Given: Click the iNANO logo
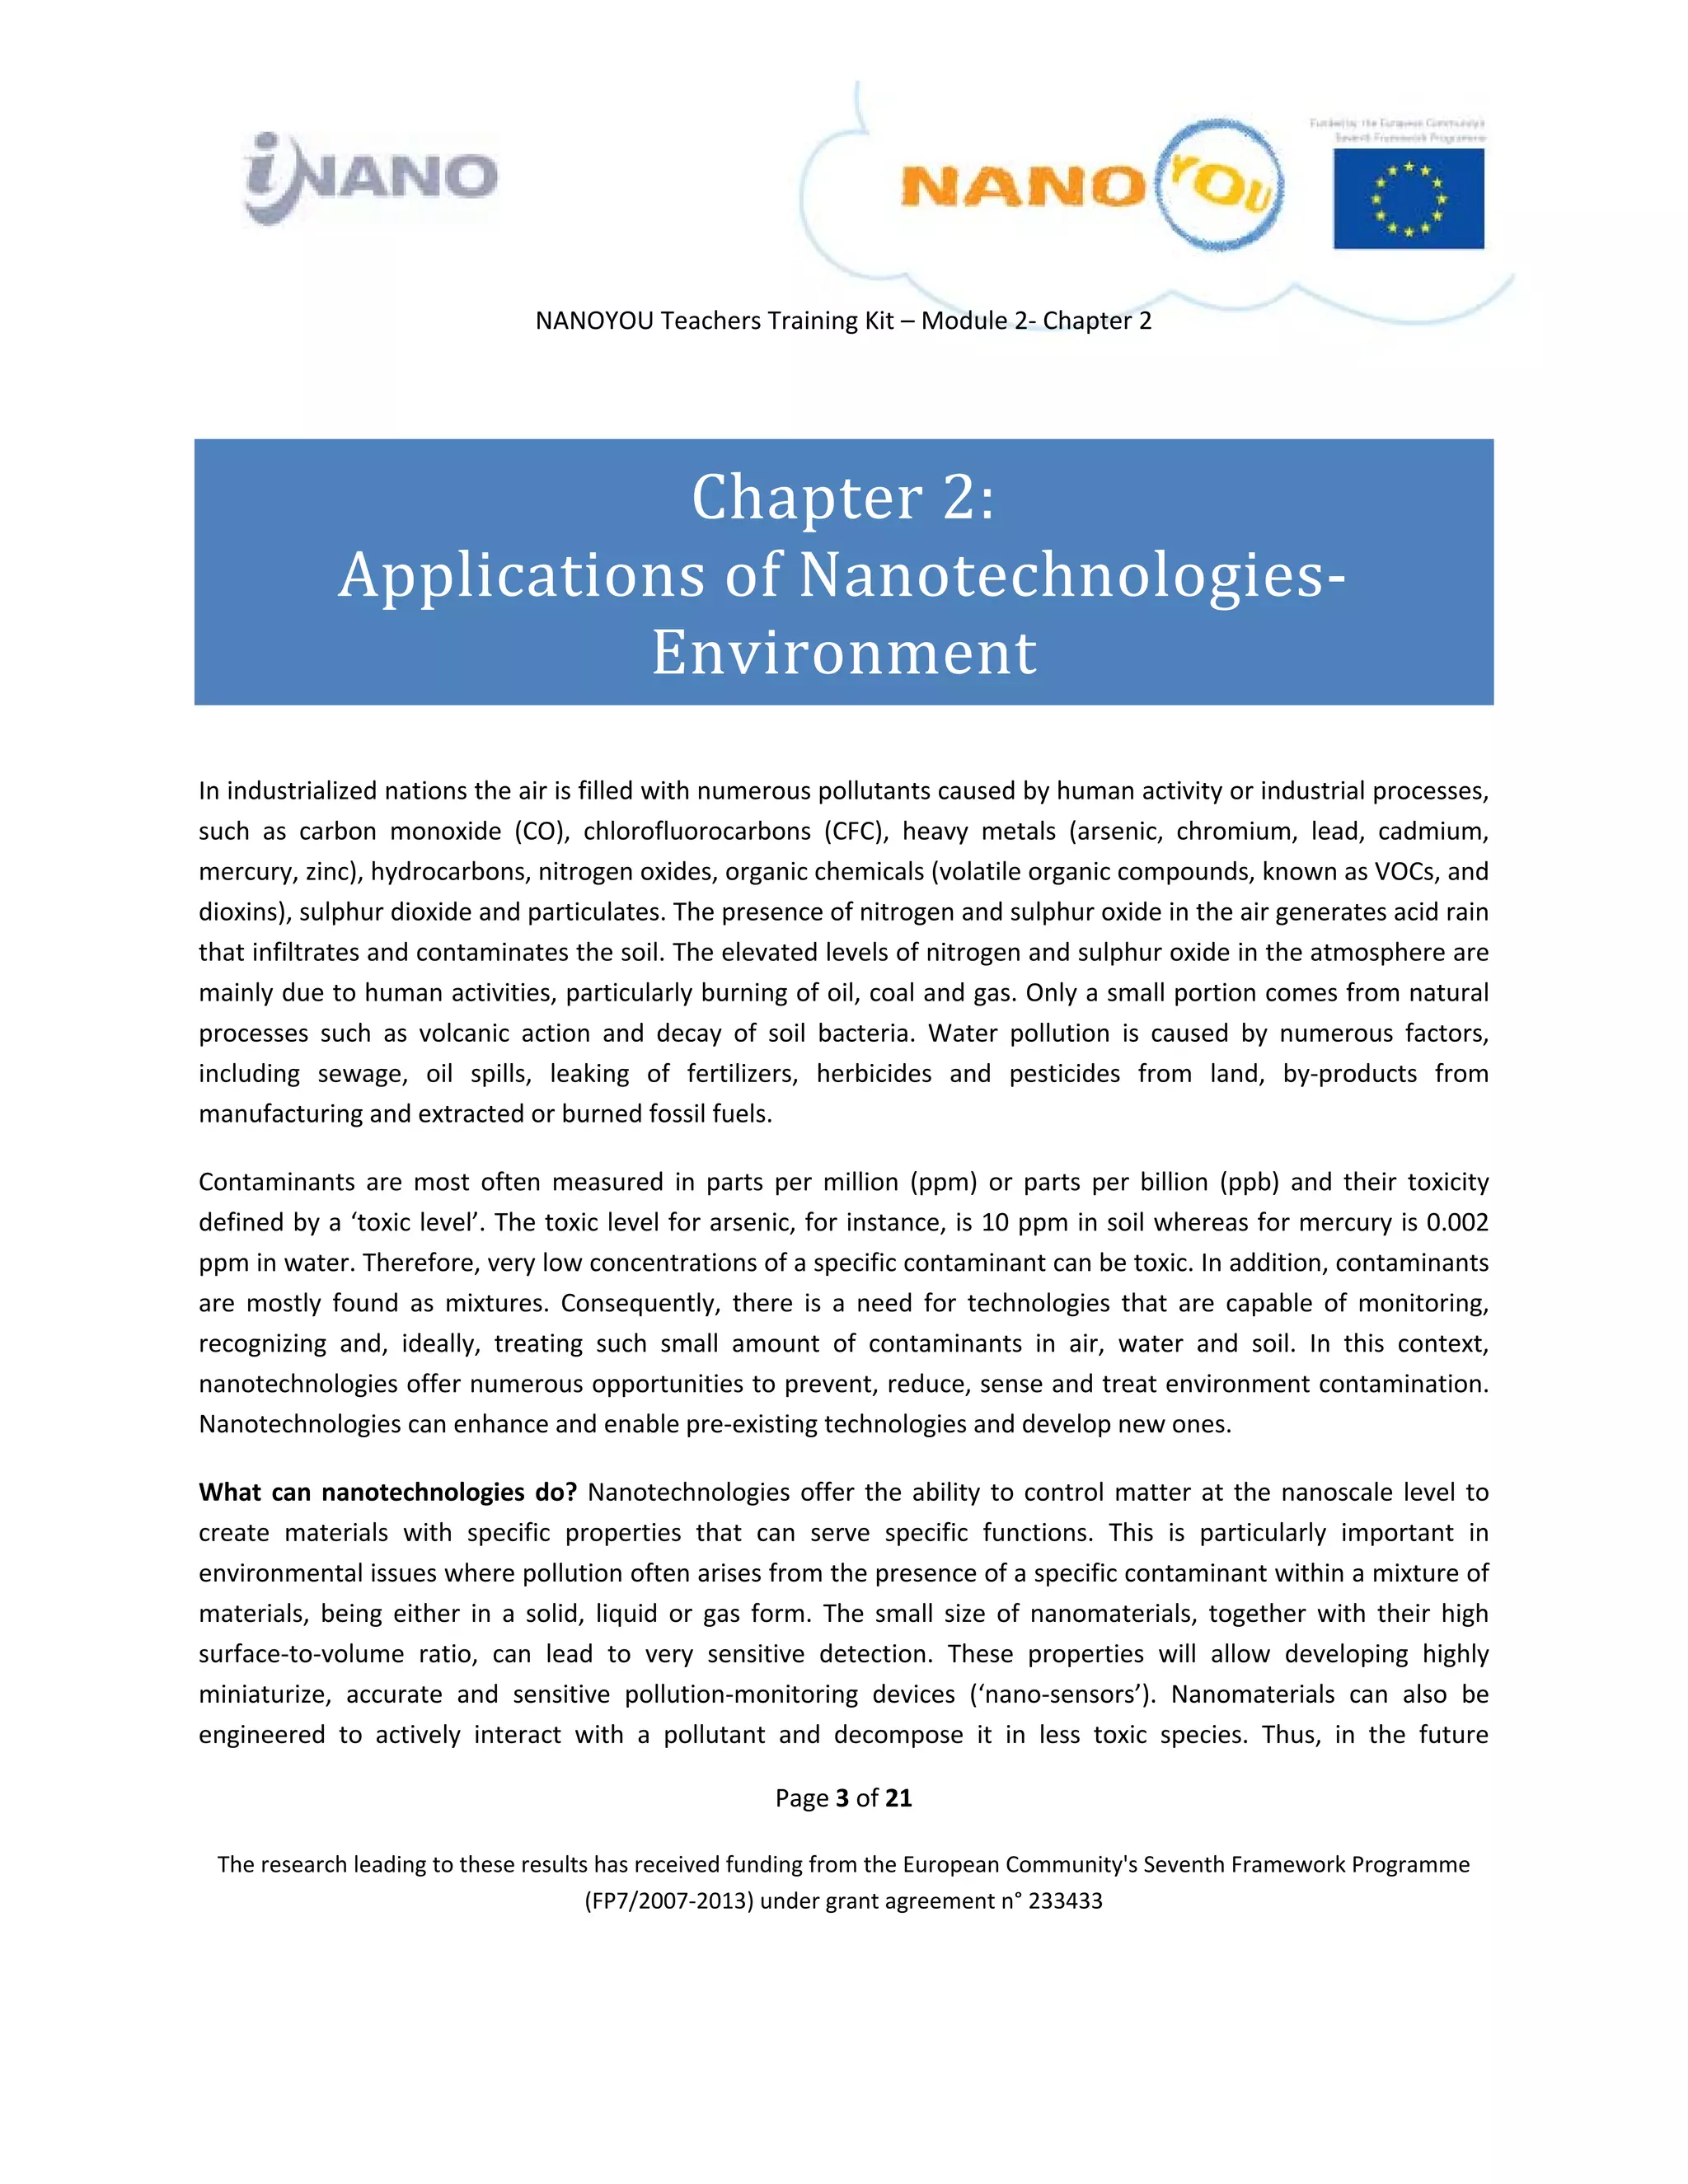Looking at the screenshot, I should point(370,178).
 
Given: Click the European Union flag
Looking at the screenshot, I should point(1408,198).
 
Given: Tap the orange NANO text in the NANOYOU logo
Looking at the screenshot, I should point(1022,187).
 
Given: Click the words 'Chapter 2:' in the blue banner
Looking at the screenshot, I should point(843,497).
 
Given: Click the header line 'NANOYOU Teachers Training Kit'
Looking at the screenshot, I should point(714,321).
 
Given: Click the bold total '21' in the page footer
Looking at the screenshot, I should point(898,1798).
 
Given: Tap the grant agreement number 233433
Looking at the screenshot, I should point(1065,1901).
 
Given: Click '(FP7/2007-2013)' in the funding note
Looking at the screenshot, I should point(668,1901).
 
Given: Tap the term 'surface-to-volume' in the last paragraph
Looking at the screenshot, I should point(301,1654).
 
